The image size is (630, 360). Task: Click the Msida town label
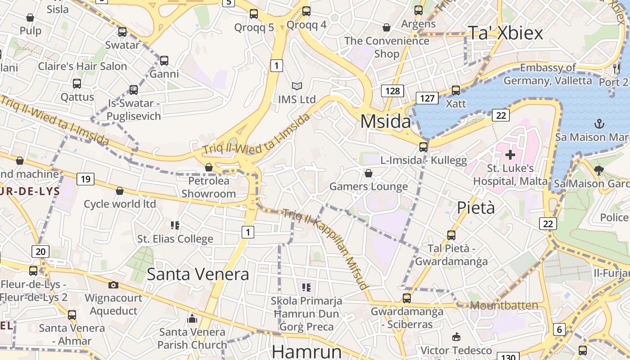point(386,121)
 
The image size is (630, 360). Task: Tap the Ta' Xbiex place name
point(505,33)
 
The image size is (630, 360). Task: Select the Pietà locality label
point(476,207)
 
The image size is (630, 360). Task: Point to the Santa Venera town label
point(198,274)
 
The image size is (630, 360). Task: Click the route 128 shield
point(392,91)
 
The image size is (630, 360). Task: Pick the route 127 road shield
point(427,98)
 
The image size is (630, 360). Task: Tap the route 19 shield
point(85,180)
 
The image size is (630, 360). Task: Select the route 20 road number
point(40,251)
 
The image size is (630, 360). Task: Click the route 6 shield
point(559,329)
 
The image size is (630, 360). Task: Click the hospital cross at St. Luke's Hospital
point(510,155)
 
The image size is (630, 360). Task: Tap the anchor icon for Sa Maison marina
point(599,124)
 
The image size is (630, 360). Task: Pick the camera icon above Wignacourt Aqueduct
point(113,285)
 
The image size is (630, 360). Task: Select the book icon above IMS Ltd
point(297,86)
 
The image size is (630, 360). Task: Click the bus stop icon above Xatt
point(456,90)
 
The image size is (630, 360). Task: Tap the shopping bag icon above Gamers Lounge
point(369,173)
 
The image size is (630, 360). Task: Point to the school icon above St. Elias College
point(175,225)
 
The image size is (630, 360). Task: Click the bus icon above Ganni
point(164,60)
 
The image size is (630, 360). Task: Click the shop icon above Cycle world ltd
point(120,191)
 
